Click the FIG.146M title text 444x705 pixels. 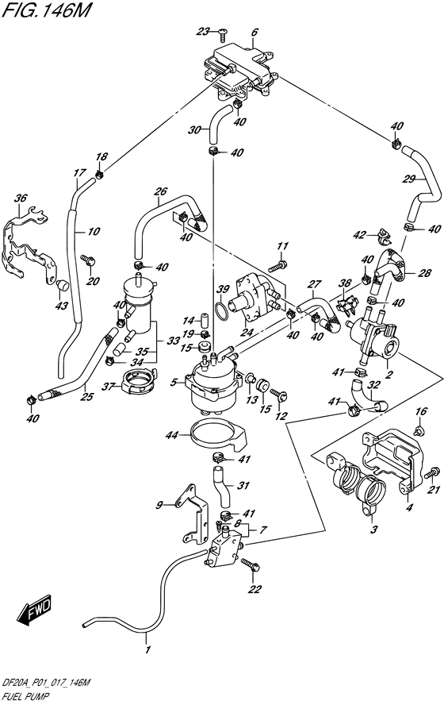[x=46, y=10]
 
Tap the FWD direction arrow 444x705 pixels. [x=36, y=611]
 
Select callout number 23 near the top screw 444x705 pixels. [x=204, y=32]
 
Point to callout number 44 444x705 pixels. [x=172, y=435]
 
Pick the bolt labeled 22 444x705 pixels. [x=248, y=564]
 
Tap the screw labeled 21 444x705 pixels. [x=431, y=473]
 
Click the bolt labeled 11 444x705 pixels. [x=277, y=266]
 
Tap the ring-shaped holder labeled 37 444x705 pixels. [x=138, y=381]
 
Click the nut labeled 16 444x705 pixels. [x=419, y=431]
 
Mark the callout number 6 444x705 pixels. [x=255, y=33]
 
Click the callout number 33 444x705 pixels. [x=174, y=341]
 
